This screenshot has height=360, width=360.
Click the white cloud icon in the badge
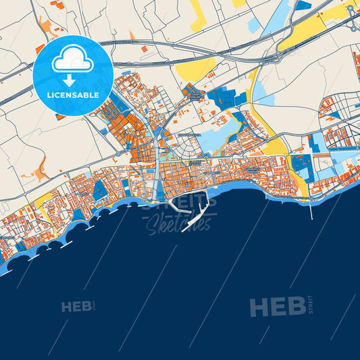click(x=73, y=60)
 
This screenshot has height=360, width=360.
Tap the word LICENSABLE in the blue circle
click(x=73, y=95)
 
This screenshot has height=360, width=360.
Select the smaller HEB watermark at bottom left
click(x=76, y=307)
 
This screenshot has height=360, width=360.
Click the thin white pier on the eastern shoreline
click(x=311, y=209)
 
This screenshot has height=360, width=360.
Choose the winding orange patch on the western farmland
click(x=42, y=169)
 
